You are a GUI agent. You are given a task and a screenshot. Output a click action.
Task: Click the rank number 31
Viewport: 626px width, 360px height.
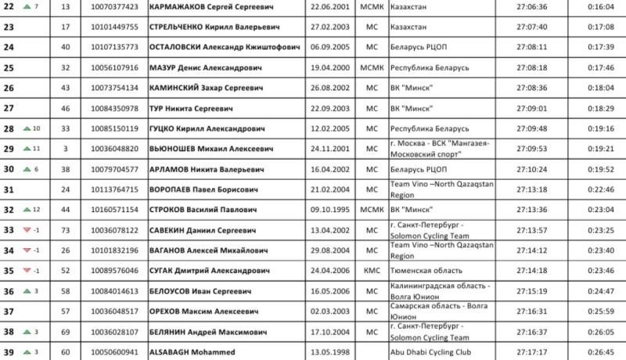pos(9,189)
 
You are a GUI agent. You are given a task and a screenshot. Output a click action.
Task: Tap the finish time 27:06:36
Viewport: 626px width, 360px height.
pos(532,6)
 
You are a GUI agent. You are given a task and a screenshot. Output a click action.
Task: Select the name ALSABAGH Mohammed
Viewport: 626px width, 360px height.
pos(192,352)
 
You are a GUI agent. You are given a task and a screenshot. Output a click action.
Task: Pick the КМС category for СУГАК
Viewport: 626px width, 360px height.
pos(369,271)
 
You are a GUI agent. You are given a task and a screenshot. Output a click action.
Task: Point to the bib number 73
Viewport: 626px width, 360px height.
pos(65,230)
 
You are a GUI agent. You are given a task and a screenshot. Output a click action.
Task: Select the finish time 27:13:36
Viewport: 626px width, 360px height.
pos(532,210)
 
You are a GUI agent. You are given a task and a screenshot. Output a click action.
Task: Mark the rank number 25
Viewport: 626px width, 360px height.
pos(9,67)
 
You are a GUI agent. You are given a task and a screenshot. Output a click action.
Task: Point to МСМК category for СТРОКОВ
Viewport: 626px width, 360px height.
pos(369,210)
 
